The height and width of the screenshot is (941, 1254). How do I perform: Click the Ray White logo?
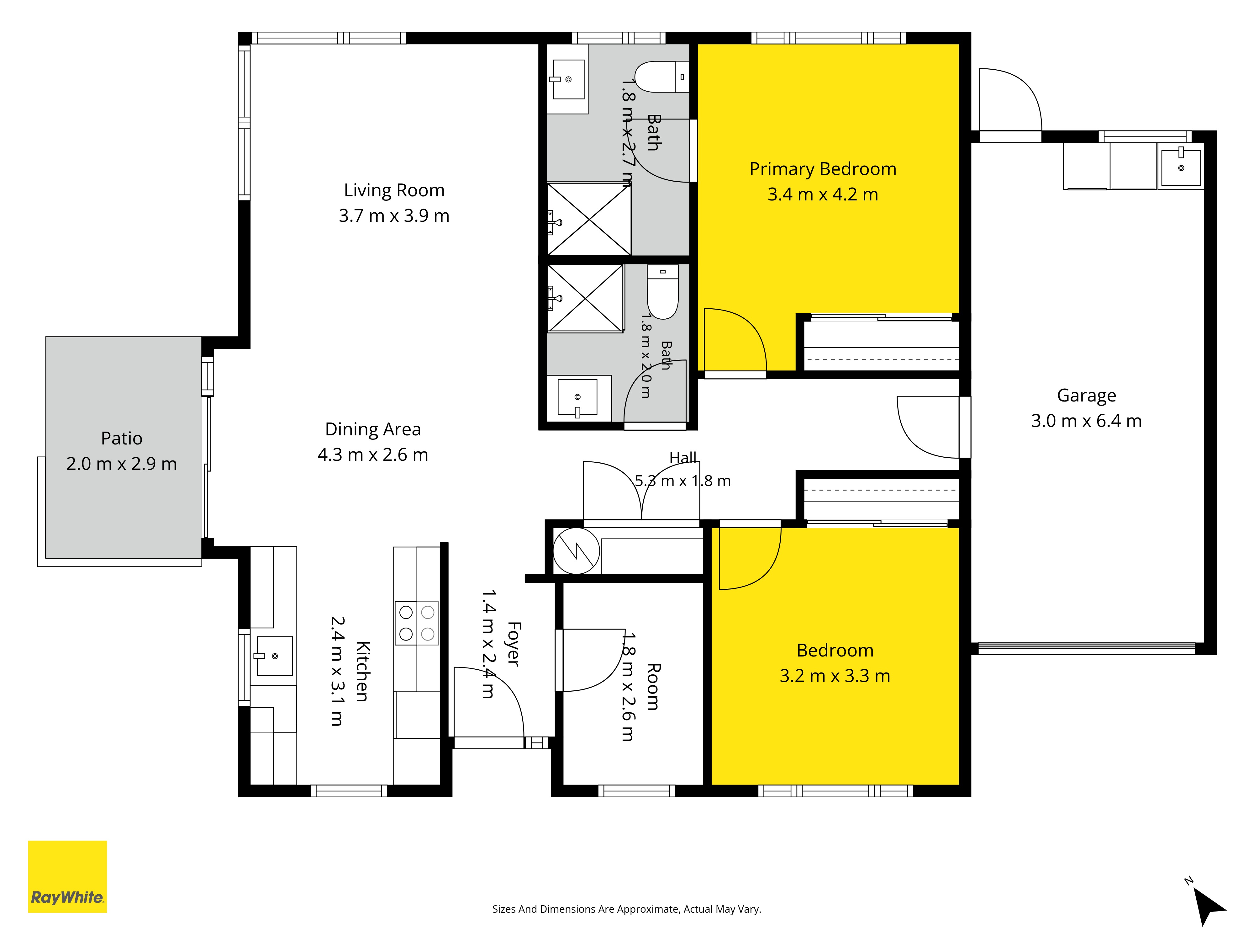(67, 876)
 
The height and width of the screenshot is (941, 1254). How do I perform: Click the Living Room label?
(394, 190)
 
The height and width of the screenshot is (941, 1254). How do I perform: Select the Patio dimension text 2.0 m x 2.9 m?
(122, 464)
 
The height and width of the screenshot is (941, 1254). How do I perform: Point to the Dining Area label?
(373, 429)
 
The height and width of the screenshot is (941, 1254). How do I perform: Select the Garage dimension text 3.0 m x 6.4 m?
(1086, 421)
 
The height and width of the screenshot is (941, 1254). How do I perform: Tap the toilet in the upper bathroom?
(661, 77)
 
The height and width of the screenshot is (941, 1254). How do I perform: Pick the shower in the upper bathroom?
(589, 219)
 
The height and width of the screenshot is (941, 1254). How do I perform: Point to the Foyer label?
(514, 644)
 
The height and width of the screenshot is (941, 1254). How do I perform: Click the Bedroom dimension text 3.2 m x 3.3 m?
(835, 676)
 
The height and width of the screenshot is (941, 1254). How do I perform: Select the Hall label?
(683, 458)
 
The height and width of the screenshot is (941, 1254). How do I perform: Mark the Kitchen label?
(363, 672)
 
